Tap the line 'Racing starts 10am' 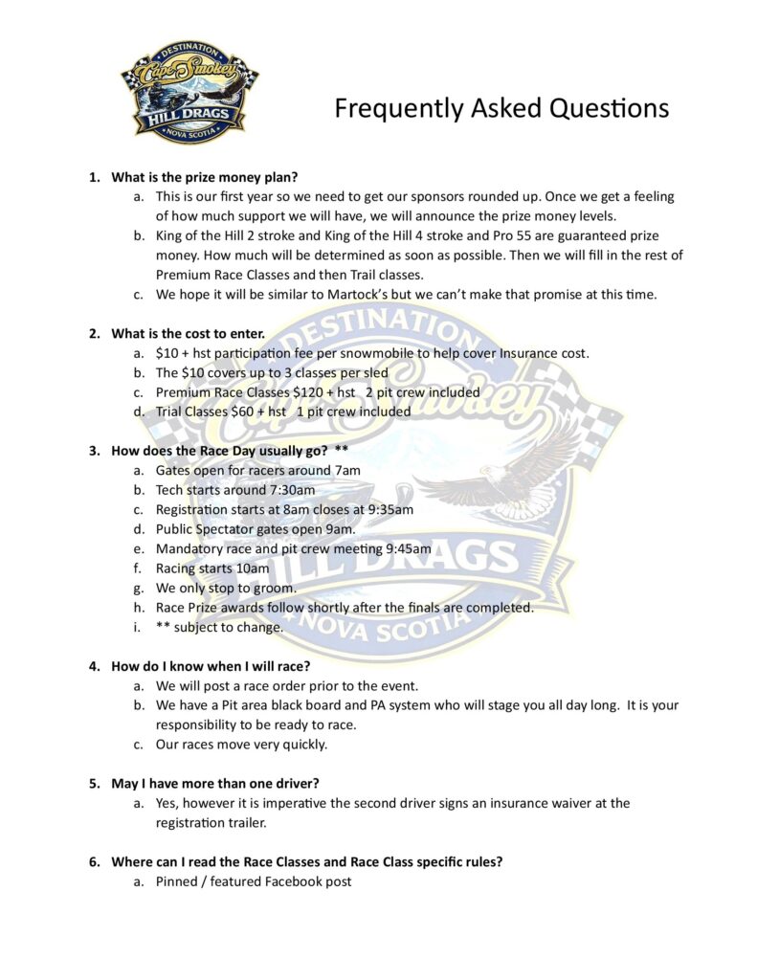[x=212, y=568]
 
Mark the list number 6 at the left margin [x=94, y=861]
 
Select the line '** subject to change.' [x=219, y=627]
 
